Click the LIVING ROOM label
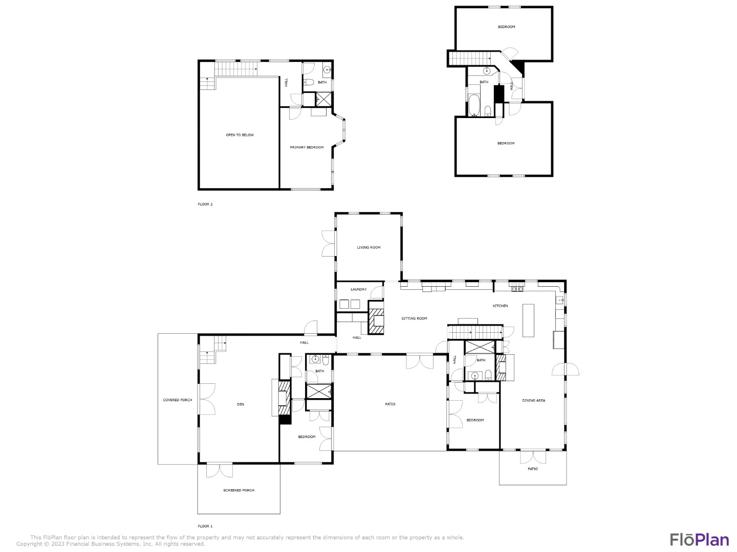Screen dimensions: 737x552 click(368, 247)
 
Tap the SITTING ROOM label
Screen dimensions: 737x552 click(414, 318)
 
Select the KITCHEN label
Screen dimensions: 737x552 click(500, 306)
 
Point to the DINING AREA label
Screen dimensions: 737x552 click(533, 401)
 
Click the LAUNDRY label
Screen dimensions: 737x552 click(359, 290)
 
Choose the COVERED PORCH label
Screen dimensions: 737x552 click(177, 400)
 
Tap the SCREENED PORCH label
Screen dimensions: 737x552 click(239, 490)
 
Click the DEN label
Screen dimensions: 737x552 click(241, 404)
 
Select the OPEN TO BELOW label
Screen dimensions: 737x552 click(240, 135)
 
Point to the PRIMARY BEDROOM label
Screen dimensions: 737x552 click(307, 148)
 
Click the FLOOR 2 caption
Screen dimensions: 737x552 click(205, 204)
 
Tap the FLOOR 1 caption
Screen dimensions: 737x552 click(205, 526)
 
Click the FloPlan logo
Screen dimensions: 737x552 click(700, 539)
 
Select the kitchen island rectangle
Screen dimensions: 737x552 click(528, 320)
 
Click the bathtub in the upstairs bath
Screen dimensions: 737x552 click(474, 105)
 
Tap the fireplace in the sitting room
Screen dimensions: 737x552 click(376, 317)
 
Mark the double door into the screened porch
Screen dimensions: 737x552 click(219, 470)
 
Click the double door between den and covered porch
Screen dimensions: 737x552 click(206, 399)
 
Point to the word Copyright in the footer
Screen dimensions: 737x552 click(29, 544)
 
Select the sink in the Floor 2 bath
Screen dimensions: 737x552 click(327, 70)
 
